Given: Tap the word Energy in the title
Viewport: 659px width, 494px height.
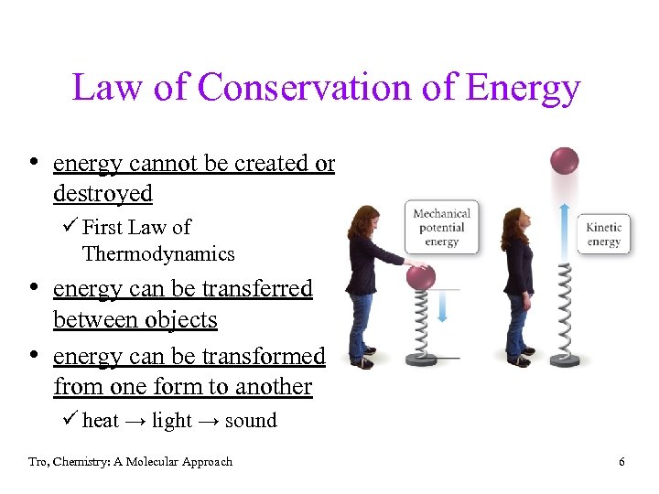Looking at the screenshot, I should coord(523,89).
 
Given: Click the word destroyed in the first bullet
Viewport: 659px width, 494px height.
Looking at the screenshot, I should coord(103,194).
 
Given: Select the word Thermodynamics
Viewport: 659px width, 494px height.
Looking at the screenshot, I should coord(158,254).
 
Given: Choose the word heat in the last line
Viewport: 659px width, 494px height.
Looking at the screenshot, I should coord(101,421).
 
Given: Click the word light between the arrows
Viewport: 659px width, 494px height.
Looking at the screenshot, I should coord(172,421).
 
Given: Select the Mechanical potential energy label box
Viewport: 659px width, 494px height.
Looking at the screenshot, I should coord(441,228).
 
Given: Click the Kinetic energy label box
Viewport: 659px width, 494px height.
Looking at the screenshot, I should coord(603,234).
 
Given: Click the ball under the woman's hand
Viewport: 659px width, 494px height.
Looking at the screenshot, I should coord(421,276).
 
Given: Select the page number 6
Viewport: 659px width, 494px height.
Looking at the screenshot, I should coord(621,462).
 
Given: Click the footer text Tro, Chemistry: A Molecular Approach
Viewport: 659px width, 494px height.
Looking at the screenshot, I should coord(130,462).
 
